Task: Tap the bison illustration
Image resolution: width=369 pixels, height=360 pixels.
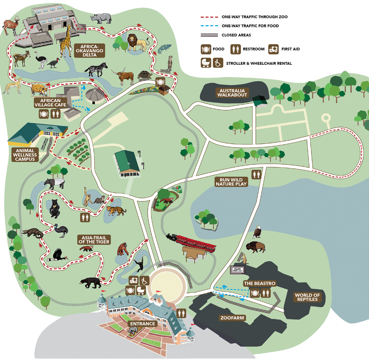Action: [255, 247]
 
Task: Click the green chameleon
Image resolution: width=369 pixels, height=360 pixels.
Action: [163, 49]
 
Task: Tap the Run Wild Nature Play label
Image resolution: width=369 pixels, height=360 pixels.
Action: [231, 182]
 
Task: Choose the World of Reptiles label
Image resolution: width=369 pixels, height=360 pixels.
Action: [307, 297]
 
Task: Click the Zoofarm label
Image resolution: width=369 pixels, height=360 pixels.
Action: [232, 318]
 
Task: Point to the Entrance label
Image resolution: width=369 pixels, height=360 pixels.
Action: [142, 324]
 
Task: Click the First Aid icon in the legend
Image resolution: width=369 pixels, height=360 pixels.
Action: [273, 49]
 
